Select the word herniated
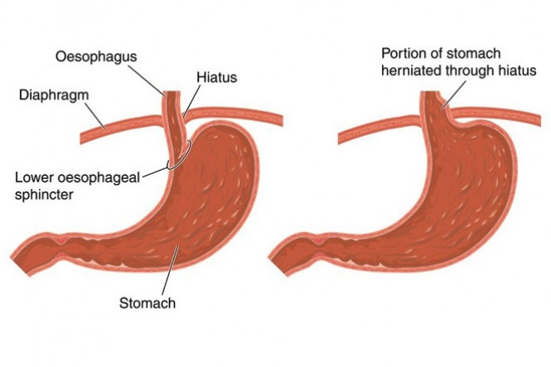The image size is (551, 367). pyautogui.click(x=412, y=70)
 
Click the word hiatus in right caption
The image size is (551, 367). pyautogui.click(x=512, y=70)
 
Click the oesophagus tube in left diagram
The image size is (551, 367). pyautogui.click(x=172, y=116)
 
